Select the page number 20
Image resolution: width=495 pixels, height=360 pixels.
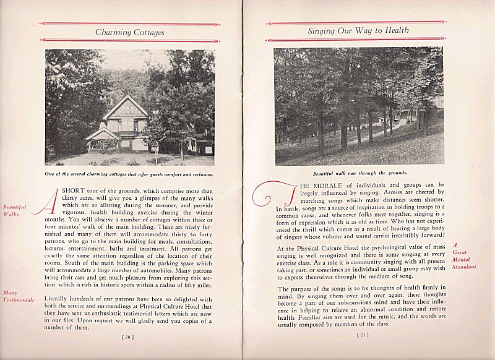[x=128, y=337]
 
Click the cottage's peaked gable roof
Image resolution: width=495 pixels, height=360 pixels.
[x=125, y=105]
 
